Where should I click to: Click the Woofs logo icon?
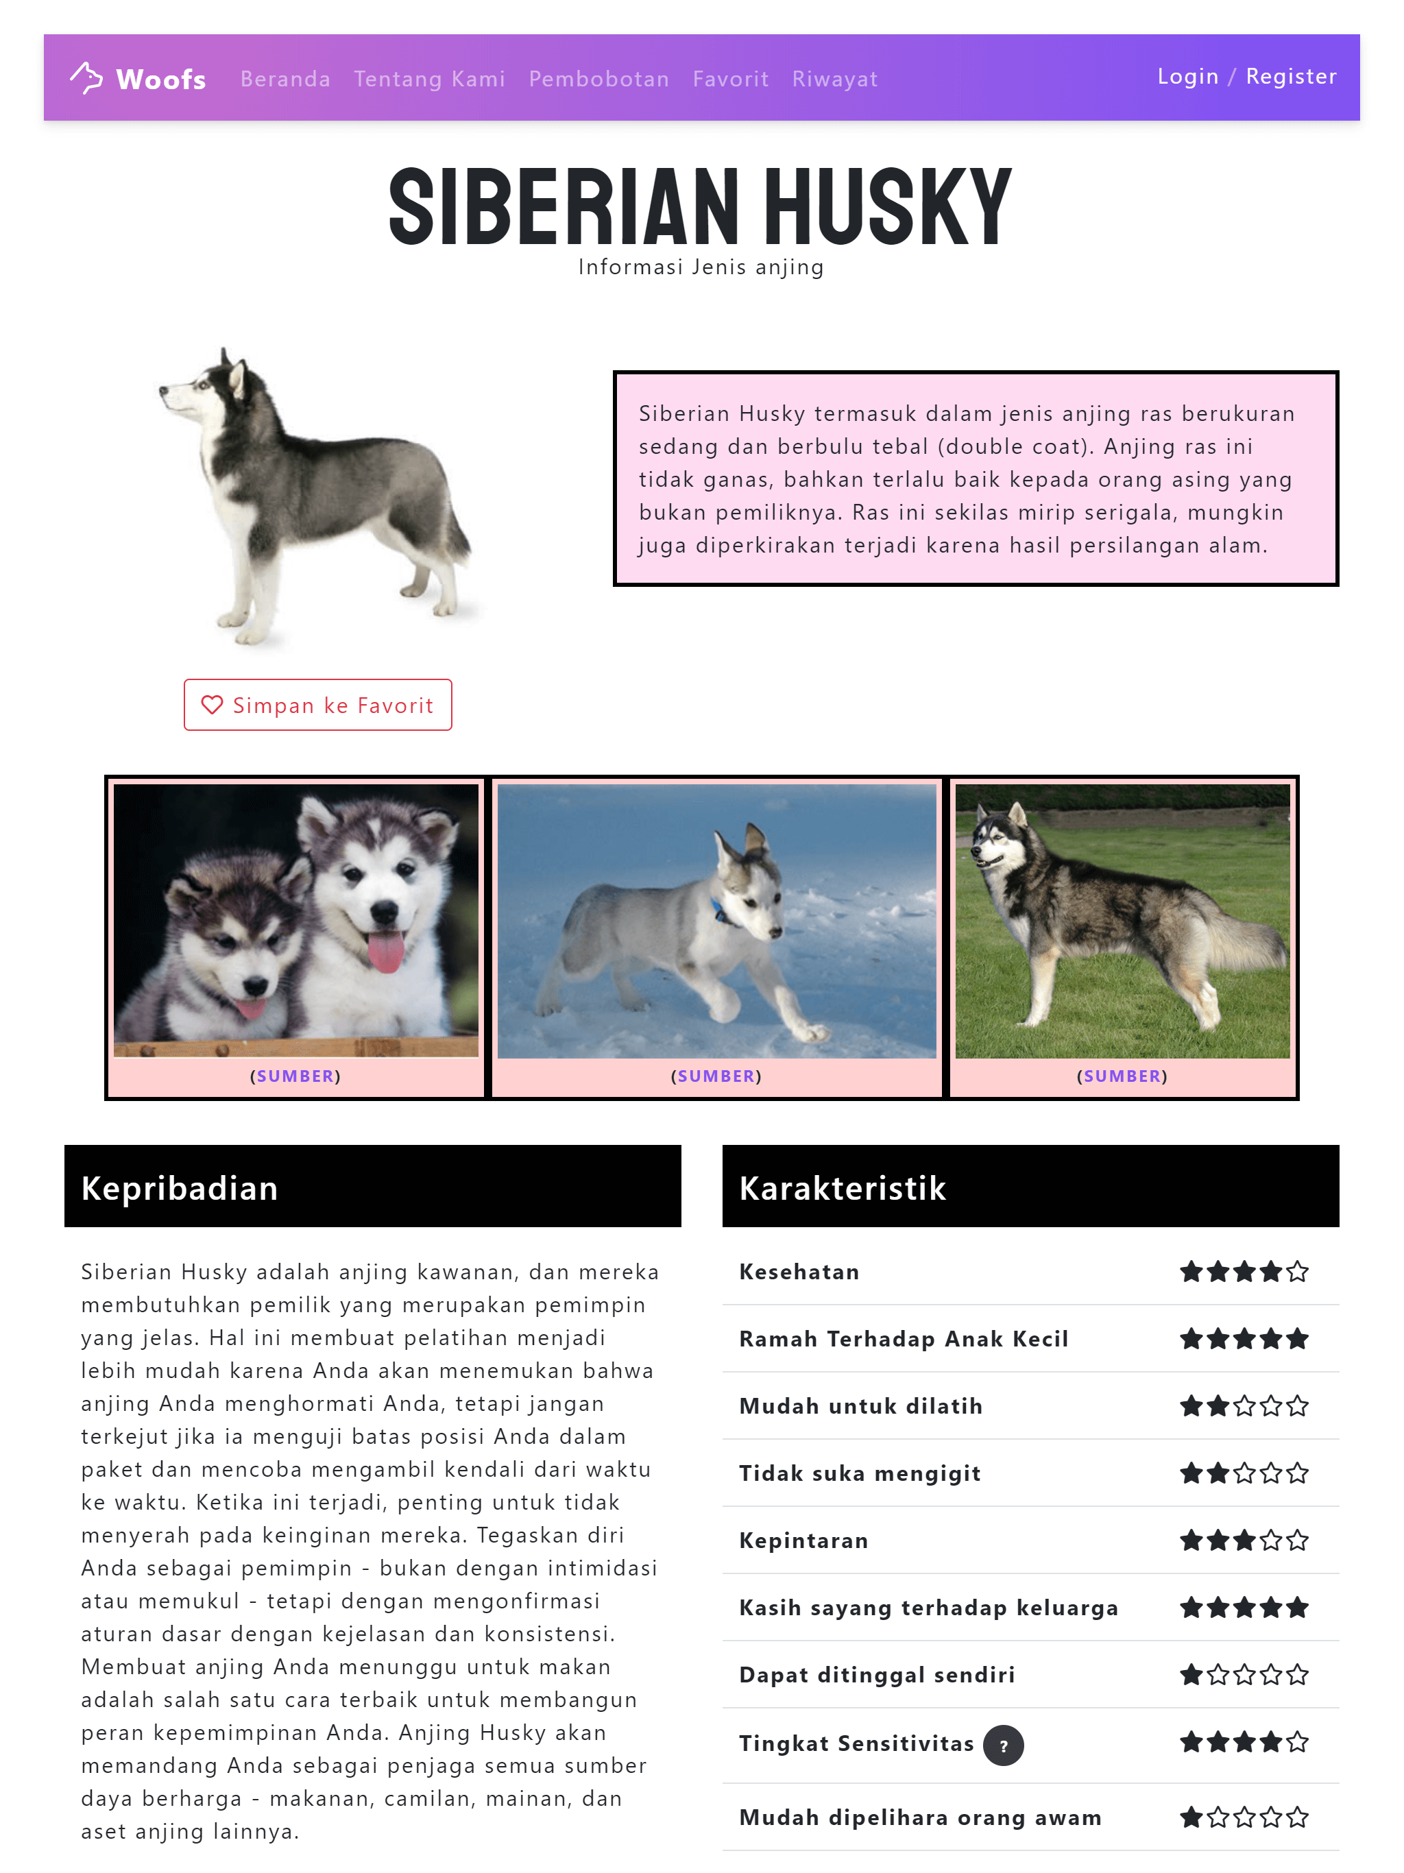[x=86, y=78]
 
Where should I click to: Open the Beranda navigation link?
[x=285, y=79]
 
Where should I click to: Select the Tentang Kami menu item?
[x=429, y=79]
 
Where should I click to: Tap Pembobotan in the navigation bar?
[x=598, y=79]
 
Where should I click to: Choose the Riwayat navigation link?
[x=834, y=79]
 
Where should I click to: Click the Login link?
[x=1187, y=76]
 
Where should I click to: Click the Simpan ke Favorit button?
[x=317, y=705]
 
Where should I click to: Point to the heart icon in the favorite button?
[x=212, y=705]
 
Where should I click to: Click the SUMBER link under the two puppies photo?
[x=295, y=1076]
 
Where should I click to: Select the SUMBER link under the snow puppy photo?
[x=716, y=1076]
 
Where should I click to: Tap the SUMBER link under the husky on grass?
[x=1122, y=1076]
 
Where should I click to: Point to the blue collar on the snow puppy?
[x=721, y=911]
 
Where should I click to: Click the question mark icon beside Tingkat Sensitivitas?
[x=1003, y=1745]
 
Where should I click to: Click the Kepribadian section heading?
[x=180, y=1187]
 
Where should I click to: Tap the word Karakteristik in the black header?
[x=842, y=1187]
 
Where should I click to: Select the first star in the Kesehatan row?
[x=1191, y=1271]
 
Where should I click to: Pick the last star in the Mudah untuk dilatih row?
[x=1296, y=1405]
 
